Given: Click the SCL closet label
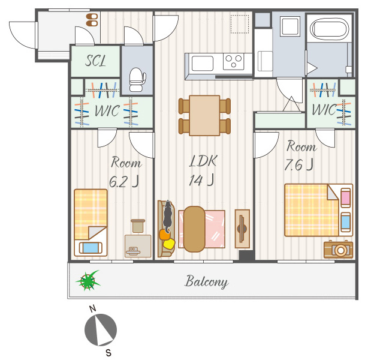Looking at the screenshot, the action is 95,61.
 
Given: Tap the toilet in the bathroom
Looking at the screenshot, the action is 137,79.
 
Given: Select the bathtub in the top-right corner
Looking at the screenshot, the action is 330,29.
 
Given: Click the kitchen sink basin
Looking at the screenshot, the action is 203,63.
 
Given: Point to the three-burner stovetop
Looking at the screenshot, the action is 234,62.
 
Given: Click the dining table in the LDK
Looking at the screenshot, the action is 204,116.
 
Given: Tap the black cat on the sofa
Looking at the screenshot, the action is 168,216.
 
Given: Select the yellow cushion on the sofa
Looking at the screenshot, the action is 169,244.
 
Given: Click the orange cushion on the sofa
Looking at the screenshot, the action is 165,235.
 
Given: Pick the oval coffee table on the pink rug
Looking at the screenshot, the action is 194,229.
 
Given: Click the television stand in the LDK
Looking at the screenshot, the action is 242,229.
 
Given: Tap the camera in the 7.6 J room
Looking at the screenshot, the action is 338,249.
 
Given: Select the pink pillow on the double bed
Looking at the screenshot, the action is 346,197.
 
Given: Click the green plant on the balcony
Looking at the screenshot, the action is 88,280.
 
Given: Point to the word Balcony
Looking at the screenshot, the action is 207,282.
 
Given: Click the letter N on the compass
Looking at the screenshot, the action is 92,309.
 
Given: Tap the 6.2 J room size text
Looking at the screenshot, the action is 124,182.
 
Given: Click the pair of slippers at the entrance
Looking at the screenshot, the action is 92,20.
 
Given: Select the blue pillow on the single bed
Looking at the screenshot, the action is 91,248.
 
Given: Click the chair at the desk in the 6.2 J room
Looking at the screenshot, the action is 138,226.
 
